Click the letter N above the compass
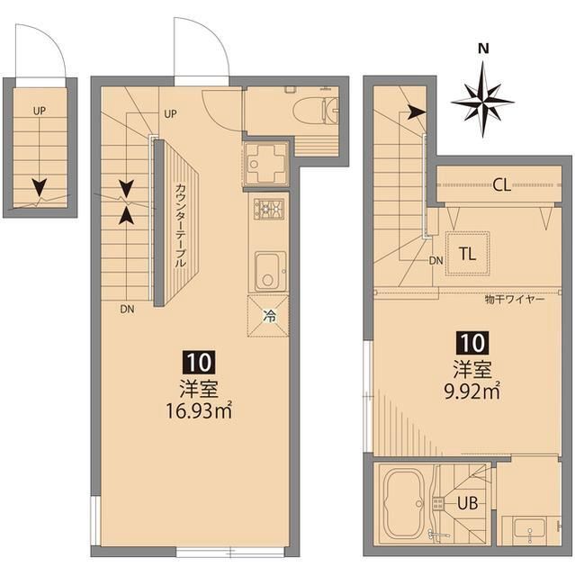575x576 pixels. click(x=483, y=49)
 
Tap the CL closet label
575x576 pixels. click(x=501, y=186)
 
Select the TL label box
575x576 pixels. click(x=467, y=253)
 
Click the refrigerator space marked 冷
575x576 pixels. click(x=268, y=316)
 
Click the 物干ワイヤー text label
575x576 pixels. click(x=514, y=298)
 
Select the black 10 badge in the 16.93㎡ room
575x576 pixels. click(x=199, y=363)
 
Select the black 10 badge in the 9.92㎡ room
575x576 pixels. click(x=473, y=342)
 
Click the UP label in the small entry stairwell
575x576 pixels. click(x=39, y=112)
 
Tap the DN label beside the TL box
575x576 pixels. click(x=436, y=261)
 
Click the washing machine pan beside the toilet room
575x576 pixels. click(x=266, y=164)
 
